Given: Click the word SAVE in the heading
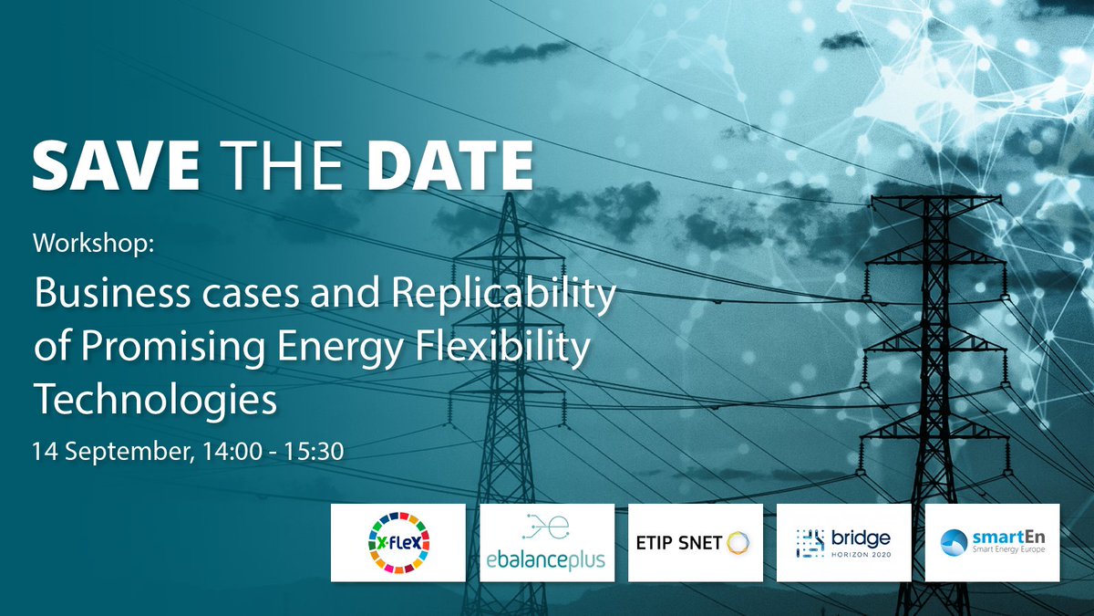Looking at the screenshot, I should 116,167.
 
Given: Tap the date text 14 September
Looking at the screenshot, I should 108,451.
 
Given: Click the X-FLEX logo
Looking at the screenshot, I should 397,543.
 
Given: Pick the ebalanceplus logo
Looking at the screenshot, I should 547,543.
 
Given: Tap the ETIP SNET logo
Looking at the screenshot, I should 696,543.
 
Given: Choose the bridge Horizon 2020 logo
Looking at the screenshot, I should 843,543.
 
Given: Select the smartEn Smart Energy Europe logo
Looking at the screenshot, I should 992,543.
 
